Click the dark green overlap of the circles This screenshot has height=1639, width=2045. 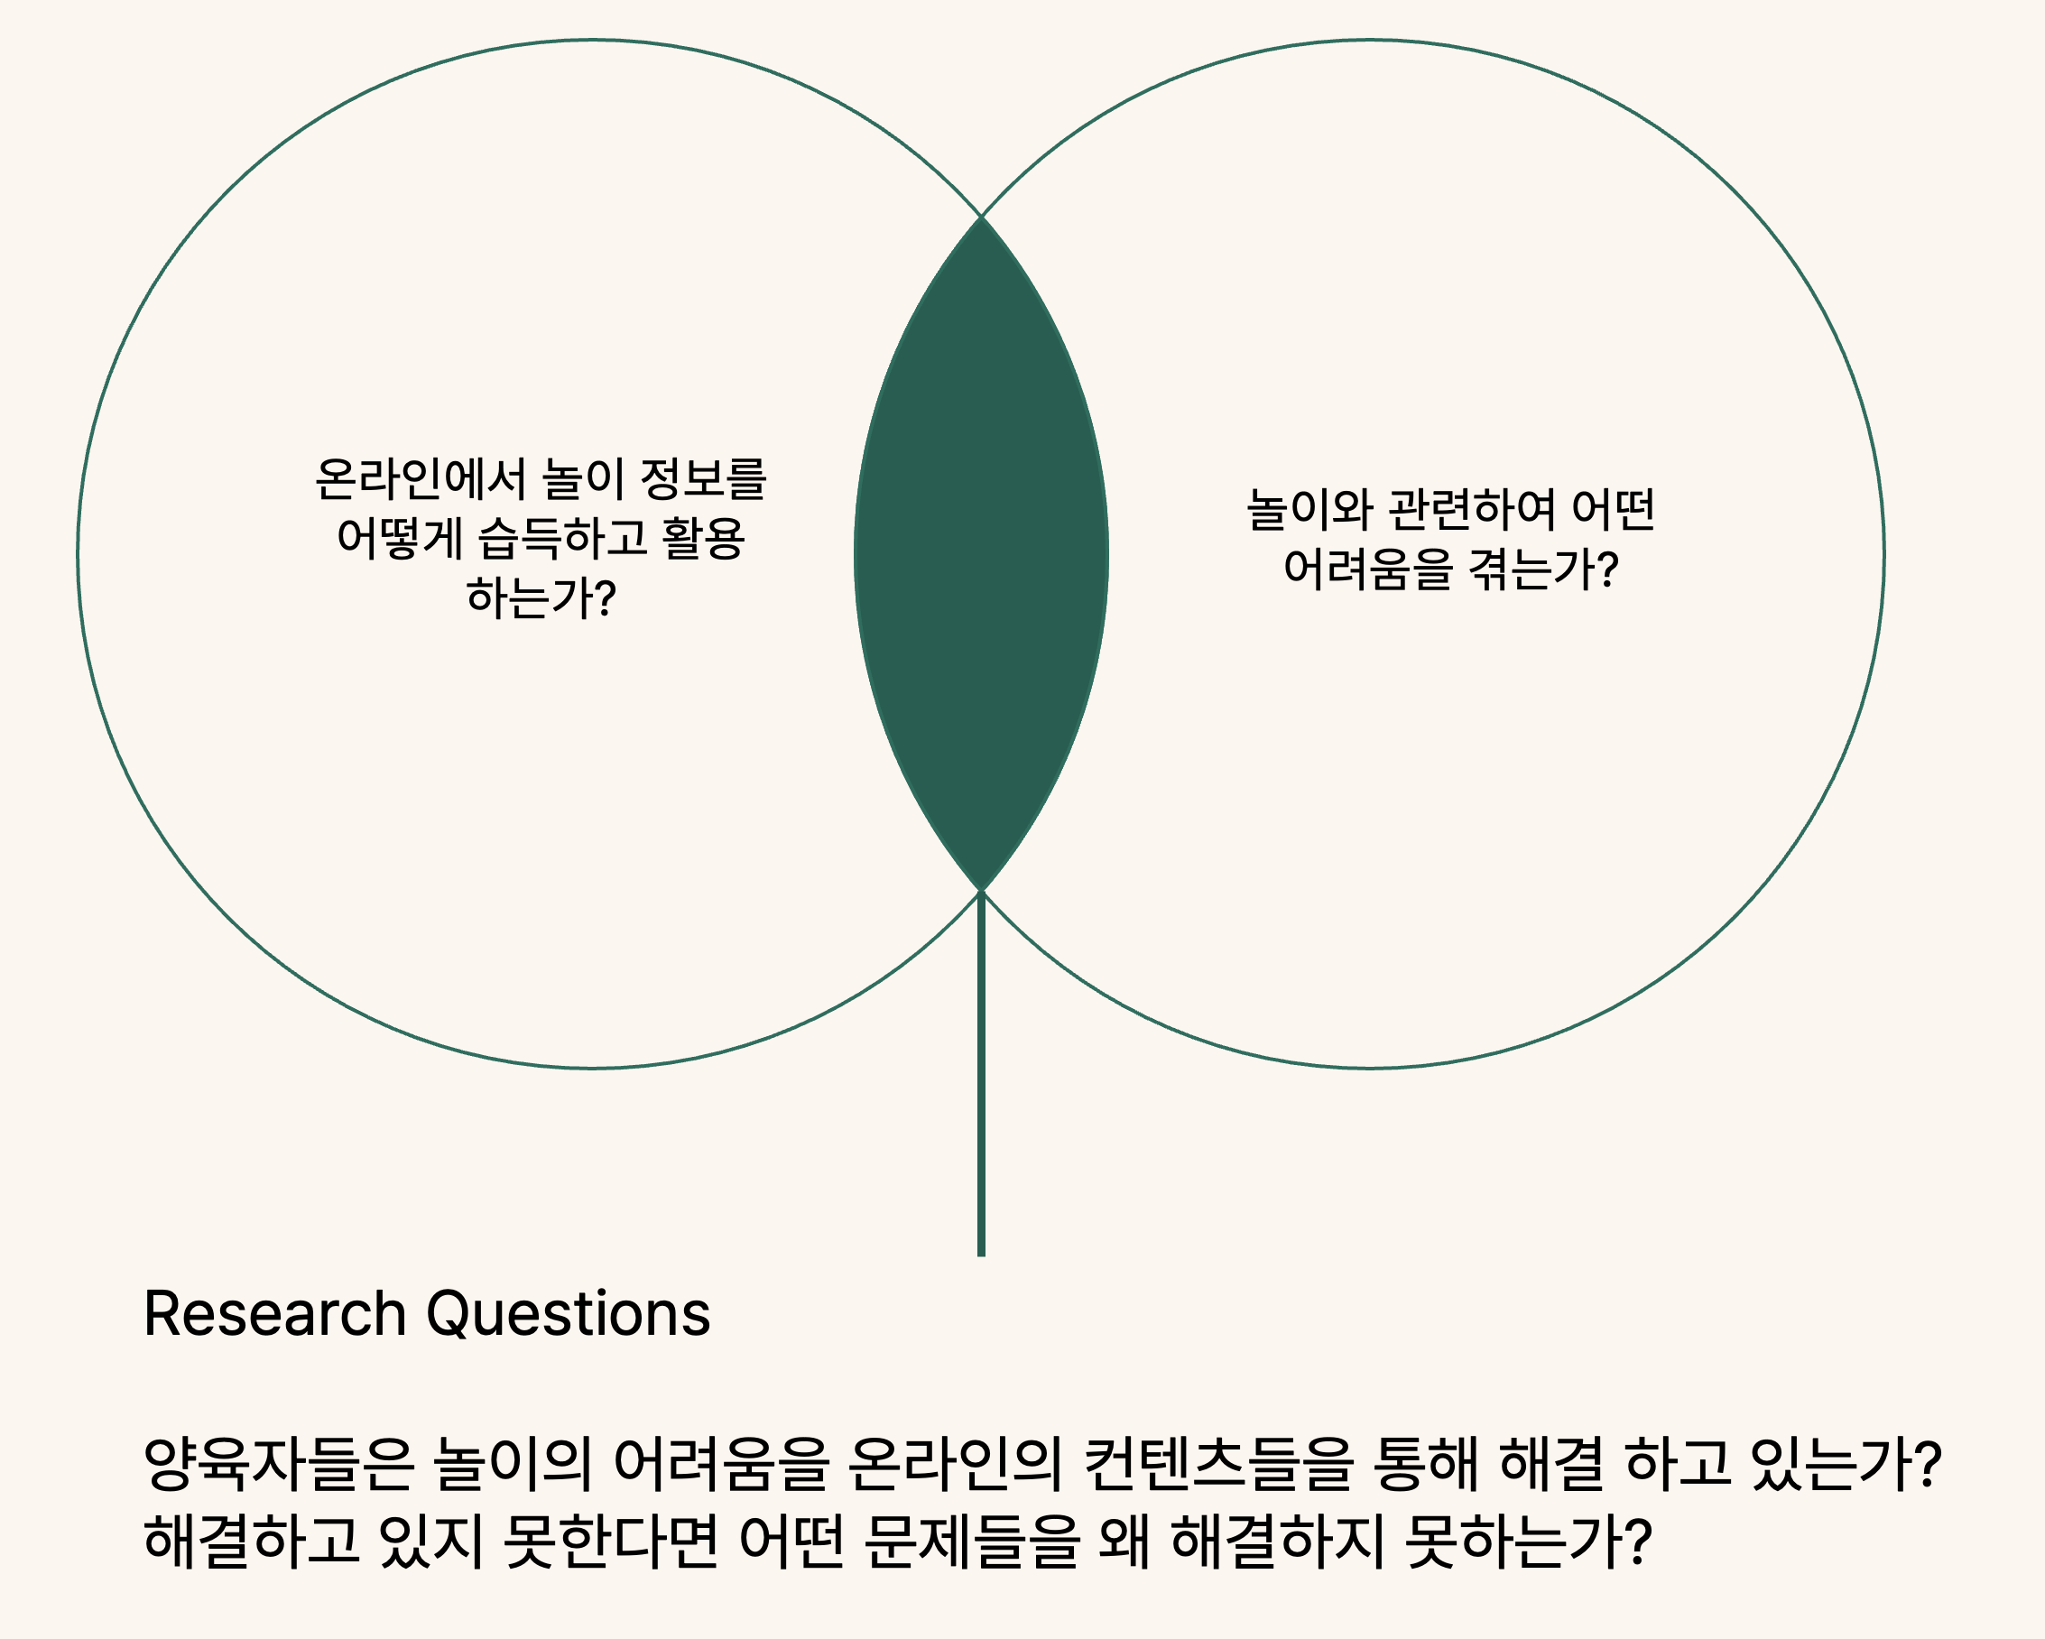(982, 554)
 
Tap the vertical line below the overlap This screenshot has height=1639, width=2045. (982, 1074)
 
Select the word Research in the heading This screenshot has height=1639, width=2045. (275, 1315)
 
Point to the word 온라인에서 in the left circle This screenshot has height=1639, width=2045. (421, 479)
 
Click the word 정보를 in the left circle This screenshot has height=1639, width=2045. (703, 479)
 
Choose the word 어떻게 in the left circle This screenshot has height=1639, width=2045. (399, 539)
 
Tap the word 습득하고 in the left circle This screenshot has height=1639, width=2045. (562, 539)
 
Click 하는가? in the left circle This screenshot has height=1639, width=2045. (541, 598)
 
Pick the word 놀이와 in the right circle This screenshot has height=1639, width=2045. (1309, 509)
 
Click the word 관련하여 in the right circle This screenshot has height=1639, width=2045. (1472, 509)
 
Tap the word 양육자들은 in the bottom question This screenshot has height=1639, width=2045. (280, 1463)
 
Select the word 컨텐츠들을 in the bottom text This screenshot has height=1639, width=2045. (1219, 1463)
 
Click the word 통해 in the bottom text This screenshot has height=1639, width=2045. (1426, 1463)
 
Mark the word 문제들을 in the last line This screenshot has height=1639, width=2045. (972, 1541)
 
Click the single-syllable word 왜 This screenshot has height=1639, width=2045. (1125, 1541)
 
